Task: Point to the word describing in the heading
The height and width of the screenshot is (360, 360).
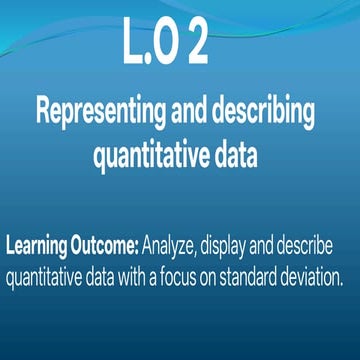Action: coord(263,113)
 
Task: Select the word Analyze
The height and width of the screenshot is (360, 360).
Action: coord(173,246)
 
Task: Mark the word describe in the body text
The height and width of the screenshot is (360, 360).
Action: coord(319,246)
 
